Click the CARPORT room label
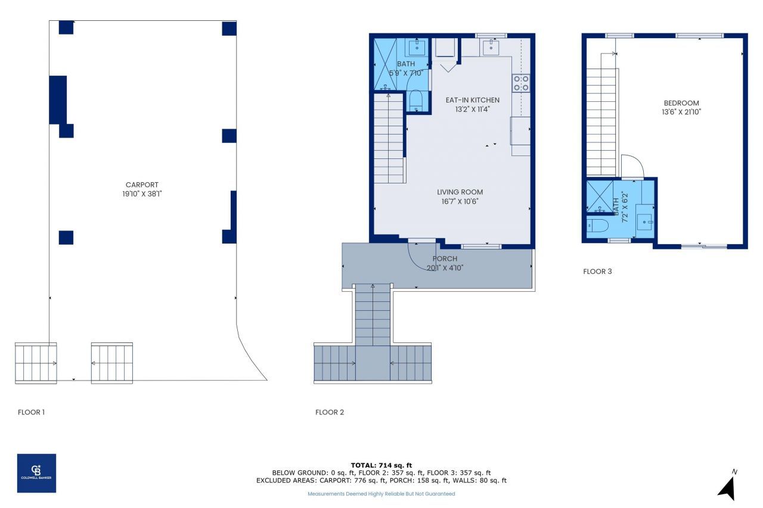click(x=142, y=185)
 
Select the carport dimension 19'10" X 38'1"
click(x=142, y=194)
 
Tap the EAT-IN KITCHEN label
click(x=472, y=100)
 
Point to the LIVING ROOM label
click(x=460, y=192)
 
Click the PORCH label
click(x=445, y=258)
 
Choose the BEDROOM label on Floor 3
click(x=681, y=103)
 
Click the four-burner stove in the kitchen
click(x=520, y=83)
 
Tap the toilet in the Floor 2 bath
click(x=416, y=100)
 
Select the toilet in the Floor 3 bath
click(x=596, y=226)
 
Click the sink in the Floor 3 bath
click(x=644, y=221)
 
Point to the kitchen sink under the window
click(x=491, y=46)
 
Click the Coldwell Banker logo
click(x=36, y=473)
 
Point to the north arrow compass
click(x=728, y=484)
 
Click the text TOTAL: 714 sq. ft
click(x=381, y=465)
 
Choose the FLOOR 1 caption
click(x=31, y=412)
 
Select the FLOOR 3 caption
click(x=597, y=272)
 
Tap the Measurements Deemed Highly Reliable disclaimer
click(x=381, y=494)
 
